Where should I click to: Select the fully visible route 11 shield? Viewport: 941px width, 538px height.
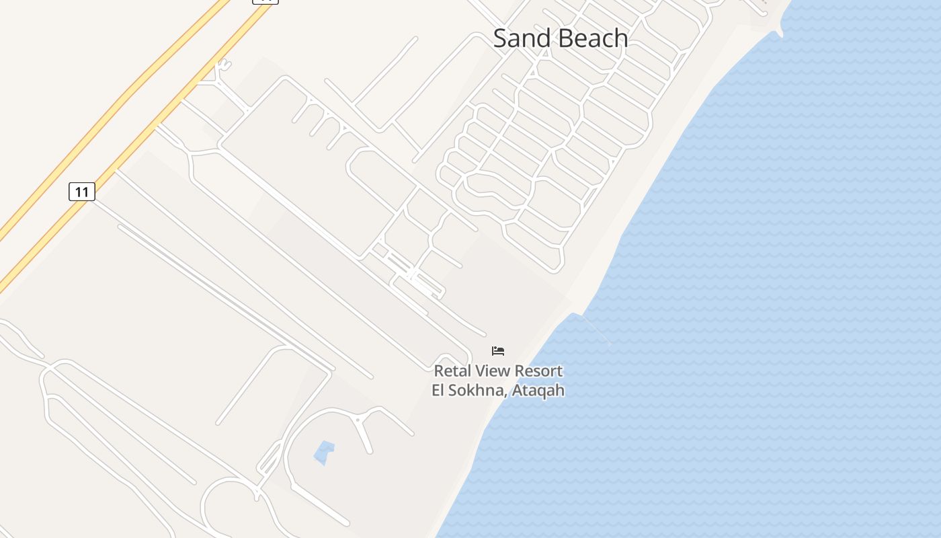pyautogui.click(x=82, y=192)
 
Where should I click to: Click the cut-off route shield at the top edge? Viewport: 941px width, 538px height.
pyautogui.click(x=265, y=1)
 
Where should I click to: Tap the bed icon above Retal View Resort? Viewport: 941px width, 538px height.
pyautogui.click(x=498, y=351)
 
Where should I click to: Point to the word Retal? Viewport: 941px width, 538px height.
pyautogui.click(x=453, y=371)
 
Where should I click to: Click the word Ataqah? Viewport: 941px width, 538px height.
pyautogui.click(x=538, y=391)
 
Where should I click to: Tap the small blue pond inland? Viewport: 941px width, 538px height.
pyautogui.click(x=324, y=453)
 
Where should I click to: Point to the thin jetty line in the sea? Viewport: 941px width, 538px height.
pyautogui.click(x=596, y=330)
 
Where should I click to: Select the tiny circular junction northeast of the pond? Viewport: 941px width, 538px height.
pyautogui.click(x=358, y=419)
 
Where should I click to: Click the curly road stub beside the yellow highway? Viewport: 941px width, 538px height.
pyautogui.click(x=224, y=65)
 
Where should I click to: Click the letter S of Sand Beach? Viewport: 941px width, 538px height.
pyautogui.click(x=501, y=38)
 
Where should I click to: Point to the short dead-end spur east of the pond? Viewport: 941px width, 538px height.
pyautogui.click(x=366, y=437)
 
